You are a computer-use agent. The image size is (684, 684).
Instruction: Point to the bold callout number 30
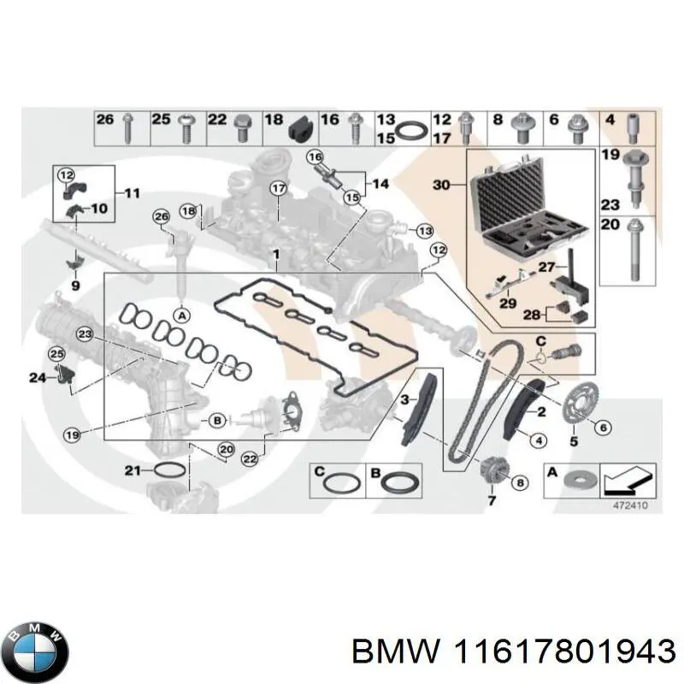click(x=441, y=185)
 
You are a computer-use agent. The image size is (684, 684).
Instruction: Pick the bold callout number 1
click(x=275, y=254)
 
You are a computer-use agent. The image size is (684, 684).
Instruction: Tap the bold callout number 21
click(x=131, y=469)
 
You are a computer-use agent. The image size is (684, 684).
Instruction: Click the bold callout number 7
click(x=492, y=500)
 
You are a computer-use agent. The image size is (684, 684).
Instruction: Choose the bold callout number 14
click(x=380, y=183)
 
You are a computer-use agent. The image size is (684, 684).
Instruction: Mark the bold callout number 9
click(x=74, y=286)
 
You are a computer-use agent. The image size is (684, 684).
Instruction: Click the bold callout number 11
click(x=131, y=193)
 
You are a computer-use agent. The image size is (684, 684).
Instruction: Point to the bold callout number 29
click(x=507, y=304)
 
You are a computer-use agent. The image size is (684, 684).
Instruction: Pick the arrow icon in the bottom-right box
click(x=628, y=477)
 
